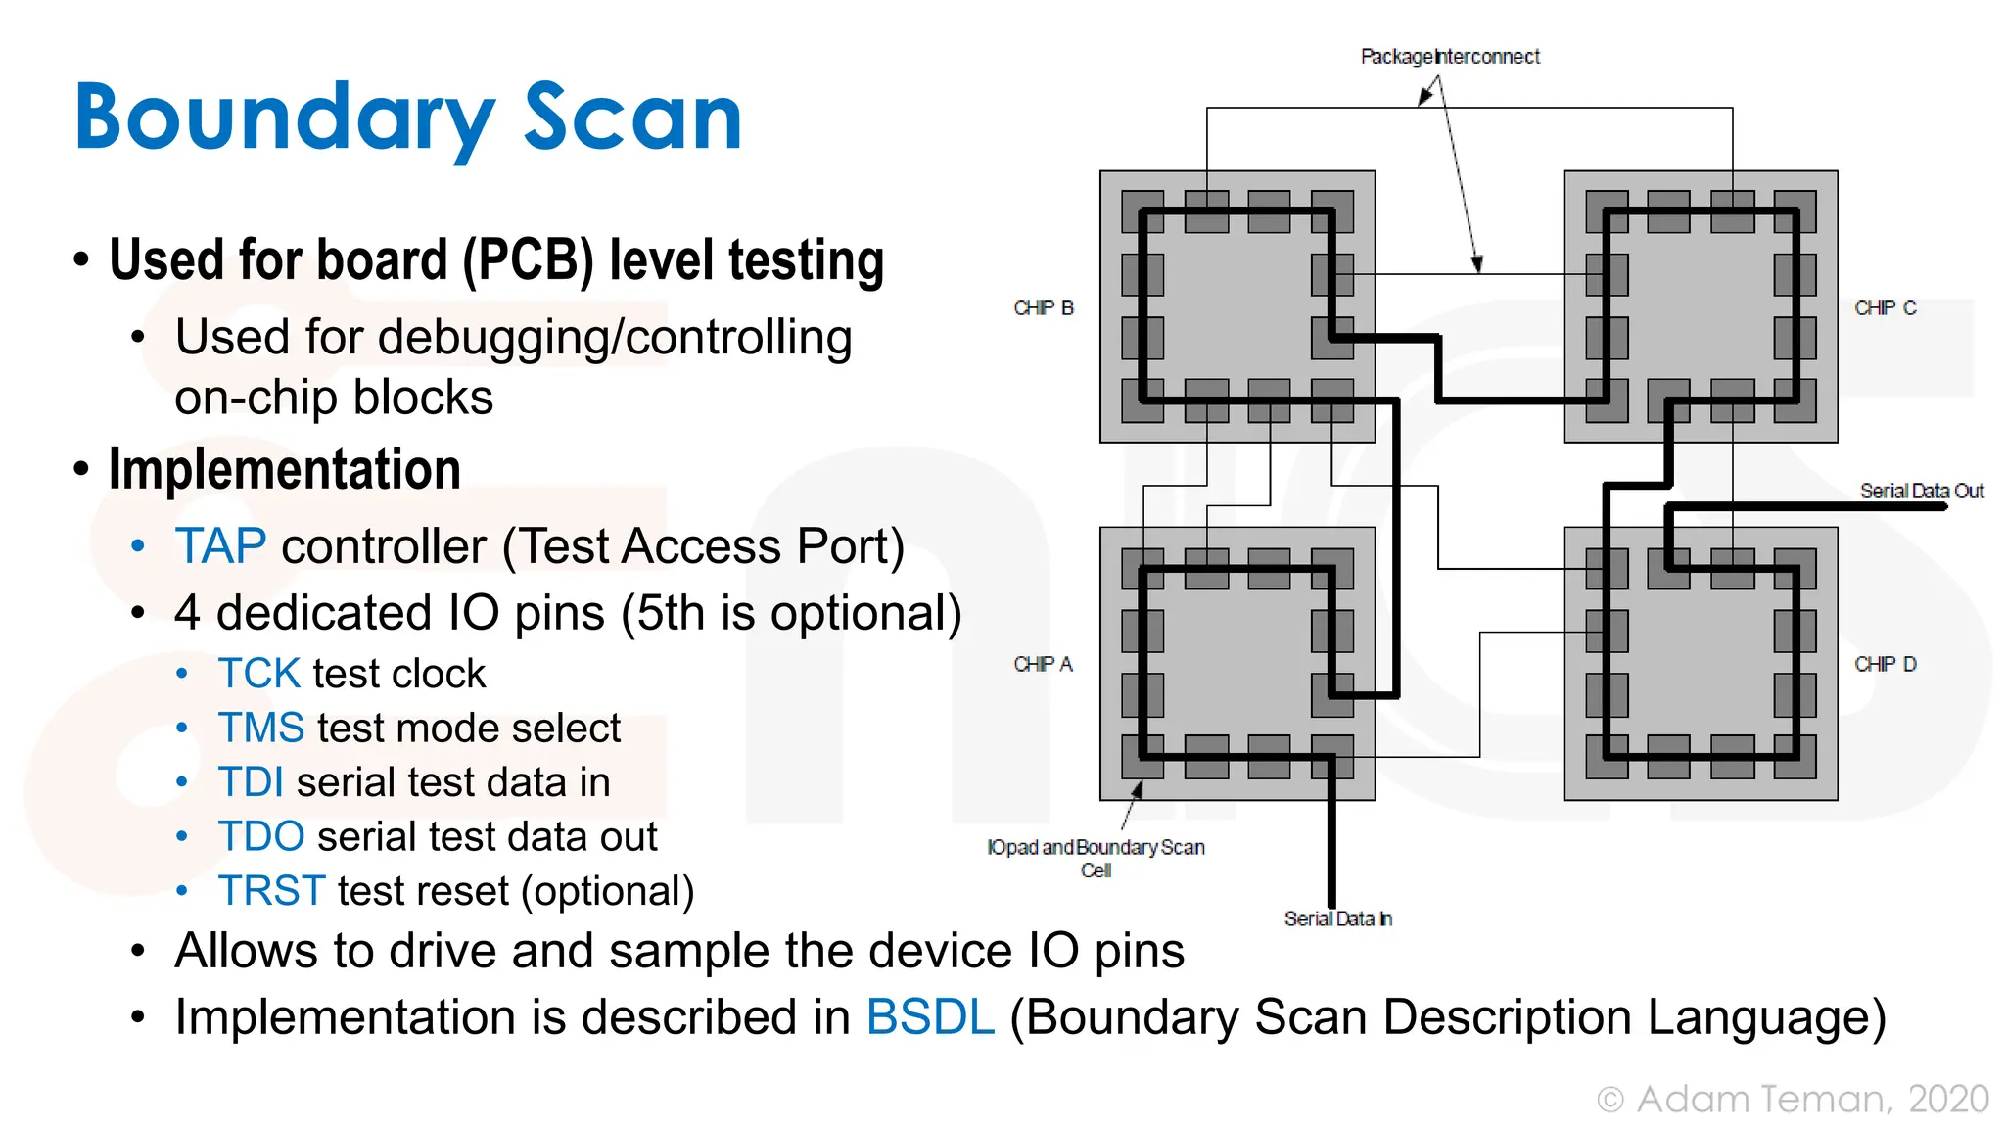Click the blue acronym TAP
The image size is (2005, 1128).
tap(220, 546)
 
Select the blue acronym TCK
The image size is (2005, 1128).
tap(258, 674)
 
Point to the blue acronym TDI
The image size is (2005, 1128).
tap(251, 782)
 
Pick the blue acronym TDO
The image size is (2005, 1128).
tap(261, 837)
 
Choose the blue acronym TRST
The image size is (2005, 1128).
tap(271, 891)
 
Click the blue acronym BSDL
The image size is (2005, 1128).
tap(930, 1016)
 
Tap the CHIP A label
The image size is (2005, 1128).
tap(1043, 664)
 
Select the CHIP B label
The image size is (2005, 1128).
tap(1044, 307)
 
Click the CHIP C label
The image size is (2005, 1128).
tap(1885, 307)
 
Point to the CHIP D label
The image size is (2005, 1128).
tap(1885, 664)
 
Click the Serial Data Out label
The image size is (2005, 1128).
tap(1921, 491)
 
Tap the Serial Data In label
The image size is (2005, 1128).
tap(1337, 918)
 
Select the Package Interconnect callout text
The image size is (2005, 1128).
tap(1450, 57)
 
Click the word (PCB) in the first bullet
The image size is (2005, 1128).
tap(528, 260)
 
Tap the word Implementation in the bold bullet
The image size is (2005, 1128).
tap(285, 469)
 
